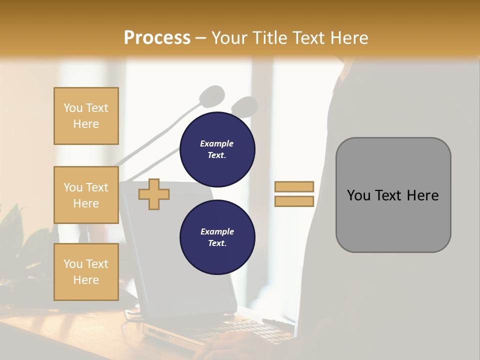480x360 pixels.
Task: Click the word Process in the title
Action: (x=157, y=38)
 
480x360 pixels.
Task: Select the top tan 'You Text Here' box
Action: (x=86, y=116)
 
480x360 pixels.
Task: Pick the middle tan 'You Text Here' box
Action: (x=86, y=195)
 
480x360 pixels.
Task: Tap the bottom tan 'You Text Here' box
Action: (x=86, y=271)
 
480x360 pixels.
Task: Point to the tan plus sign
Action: (x=154, y=194)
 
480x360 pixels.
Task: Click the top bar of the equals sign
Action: (x=294, y=187)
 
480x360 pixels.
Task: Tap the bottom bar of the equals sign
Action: (x=294, y=201)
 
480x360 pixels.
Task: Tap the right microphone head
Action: (x=245, y=105)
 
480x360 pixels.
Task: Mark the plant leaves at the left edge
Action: (x=12, y=225)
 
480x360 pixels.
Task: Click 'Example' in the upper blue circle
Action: (x=217, y=143)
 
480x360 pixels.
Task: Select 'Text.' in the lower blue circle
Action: (x=217, y=243)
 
